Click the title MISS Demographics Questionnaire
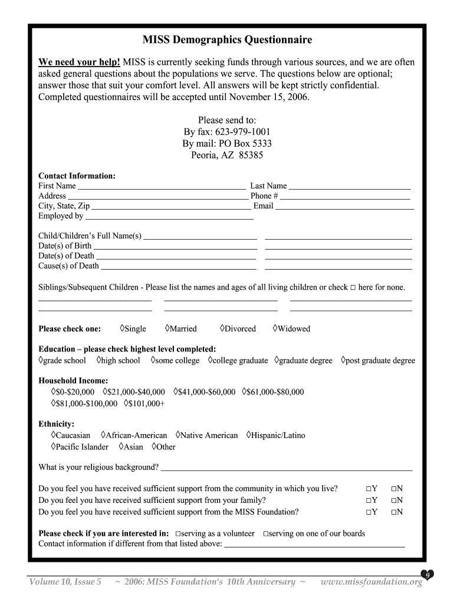click(227, 40)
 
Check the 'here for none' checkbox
click(353, 288)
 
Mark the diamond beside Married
click(167, 328)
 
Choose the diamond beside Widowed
click(275, 328)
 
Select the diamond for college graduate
click(210, 360)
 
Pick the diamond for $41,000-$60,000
click(176, 391)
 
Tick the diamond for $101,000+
click(126, 403)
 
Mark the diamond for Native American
click(178, 435)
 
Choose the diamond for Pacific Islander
click(54, 446)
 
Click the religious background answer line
click(286, 469)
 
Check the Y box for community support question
click(368, 489)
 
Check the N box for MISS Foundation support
click(393, 512)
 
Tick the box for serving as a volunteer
click(178, 534)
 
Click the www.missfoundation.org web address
click(371, 582)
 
